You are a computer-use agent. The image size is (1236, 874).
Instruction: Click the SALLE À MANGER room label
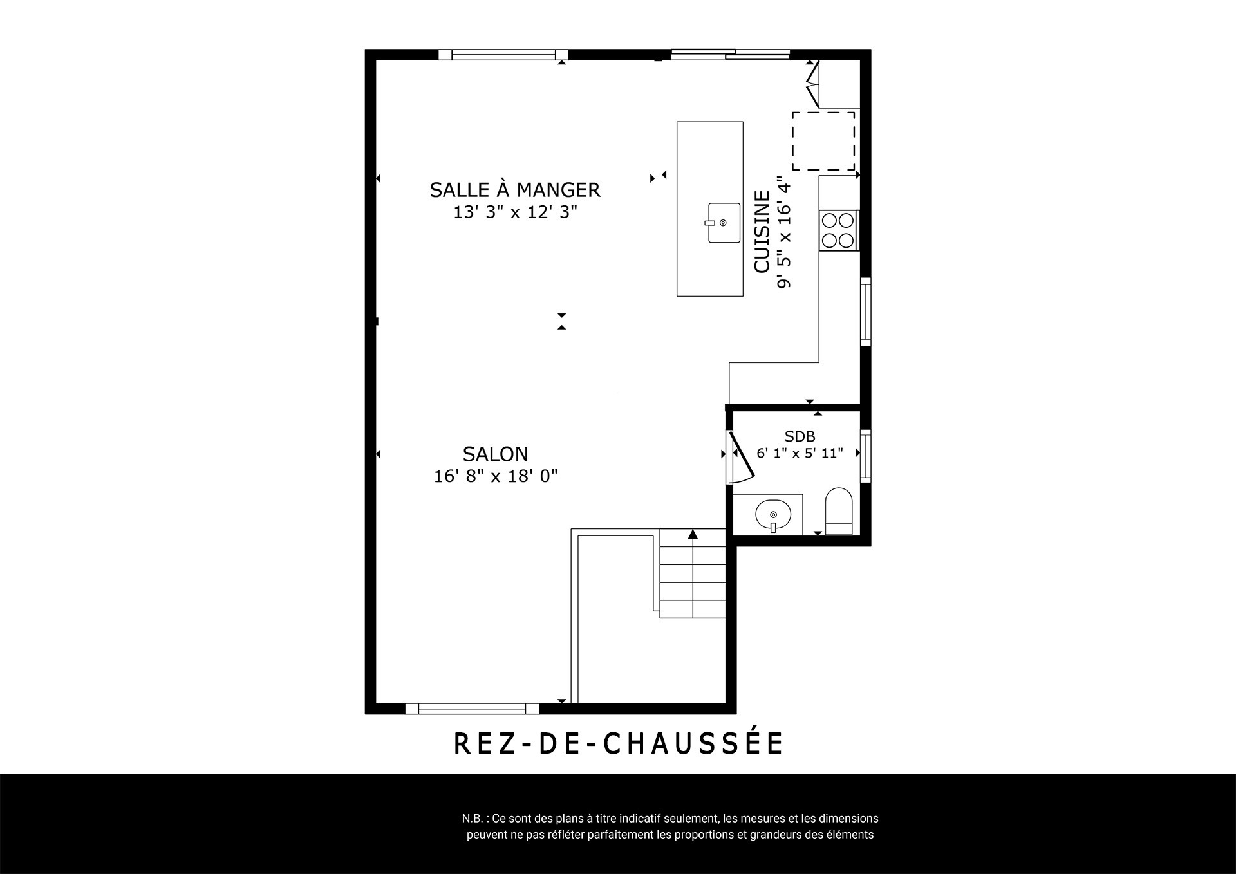click(515, 189)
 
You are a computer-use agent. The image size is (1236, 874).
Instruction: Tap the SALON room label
click(496, 454)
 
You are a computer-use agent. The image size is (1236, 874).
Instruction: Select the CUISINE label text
click(762, 232)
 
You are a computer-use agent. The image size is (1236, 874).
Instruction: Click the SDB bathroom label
click(800, 436)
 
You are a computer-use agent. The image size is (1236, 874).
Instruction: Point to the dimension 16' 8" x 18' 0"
click(496, 476)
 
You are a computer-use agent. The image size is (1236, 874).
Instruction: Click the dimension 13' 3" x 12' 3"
click(515, 212)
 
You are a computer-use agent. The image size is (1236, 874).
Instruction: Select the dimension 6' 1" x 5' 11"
click(800, 453)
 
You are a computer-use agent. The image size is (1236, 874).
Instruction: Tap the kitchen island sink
click(724, 223)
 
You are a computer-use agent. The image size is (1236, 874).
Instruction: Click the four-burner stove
click(838, 230)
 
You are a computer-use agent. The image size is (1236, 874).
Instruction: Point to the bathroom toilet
click(839, 511)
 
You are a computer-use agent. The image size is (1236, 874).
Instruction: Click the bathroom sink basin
click(772, 515)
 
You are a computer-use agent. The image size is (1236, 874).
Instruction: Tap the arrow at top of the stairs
click(693, 534)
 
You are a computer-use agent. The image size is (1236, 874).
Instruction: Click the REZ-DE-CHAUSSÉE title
click(618, 743)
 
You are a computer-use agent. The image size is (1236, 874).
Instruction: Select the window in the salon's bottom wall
click(472, 709)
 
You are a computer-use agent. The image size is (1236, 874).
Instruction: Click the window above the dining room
click(503, 55)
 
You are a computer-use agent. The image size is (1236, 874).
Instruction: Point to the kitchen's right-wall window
click(866, 312)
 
